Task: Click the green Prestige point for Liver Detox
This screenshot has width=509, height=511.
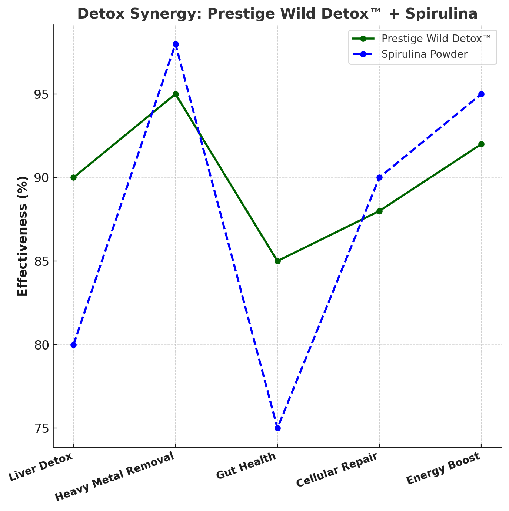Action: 73,177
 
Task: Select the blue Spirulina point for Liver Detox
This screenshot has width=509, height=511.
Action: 73,345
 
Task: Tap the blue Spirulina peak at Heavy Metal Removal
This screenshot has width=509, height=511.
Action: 176,44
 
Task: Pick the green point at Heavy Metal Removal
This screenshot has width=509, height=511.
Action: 176,94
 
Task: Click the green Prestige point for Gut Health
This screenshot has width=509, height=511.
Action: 277,261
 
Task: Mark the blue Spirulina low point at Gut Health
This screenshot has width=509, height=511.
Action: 277,428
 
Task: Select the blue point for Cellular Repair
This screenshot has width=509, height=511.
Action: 379,177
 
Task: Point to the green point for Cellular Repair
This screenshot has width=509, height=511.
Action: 379,211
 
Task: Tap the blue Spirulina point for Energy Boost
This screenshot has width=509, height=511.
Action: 481,94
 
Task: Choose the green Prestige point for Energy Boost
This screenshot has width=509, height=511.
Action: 481,144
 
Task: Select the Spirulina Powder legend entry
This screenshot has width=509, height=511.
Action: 424,54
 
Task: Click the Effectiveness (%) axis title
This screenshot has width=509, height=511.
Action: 23,236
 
